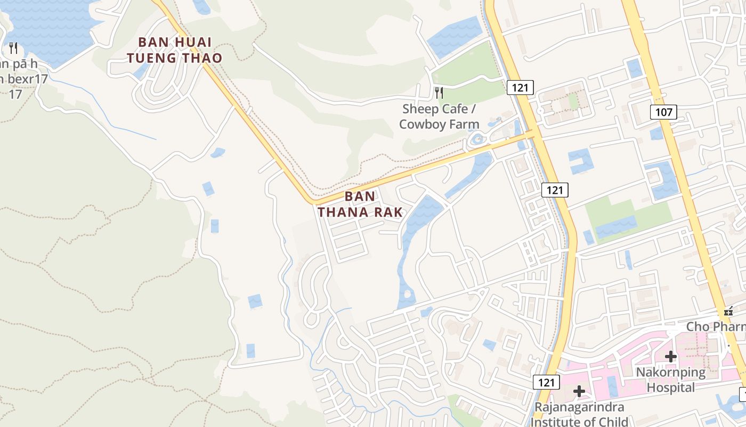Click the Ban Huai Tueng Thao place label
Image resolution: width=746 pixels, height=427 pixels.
tap(175, 50)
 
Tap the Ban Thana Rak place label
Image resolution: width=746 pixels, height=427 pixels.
tap(360, 204)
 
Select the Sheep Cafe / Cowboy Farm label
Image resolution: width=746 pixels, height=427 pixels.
tap(439, 116)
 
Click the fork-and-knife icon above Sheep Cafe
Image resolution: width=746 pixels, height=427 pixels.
tap(439, 93)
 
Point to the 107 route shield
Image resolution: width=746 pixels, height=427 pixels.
tap(663, 112)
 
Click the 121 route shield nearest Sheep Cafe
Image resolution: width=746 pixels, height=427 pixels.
tap(520, 88)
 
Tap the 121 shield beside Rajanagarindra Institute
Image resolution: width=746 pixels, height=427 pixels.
tap(546, 382)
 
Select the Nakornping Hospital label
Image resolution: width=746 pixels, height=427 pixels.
tap(671, 379)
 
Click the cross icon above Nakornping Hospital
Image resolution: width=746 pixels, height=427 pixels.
tap(671, 357)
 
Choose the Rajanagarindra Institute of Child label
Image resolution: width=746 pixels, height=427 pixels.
tap(579, 414)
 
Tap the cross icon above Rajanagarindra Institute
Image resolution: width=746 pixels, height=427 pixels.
tap(579, 392)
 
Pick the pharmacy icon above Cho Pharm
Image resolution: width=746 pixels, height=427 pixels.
tap(728, 311)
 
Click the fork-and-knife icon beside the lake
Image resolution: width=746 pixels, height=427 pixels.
tap(13, 48)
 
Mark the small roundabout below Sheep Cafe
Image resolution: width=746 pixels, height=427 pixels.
tap(477, 140)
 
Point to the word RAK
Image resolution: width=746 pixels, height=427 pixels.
tap(387, 212)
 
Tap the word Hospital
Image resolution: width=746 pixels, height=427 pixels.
tap(671, 387)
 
